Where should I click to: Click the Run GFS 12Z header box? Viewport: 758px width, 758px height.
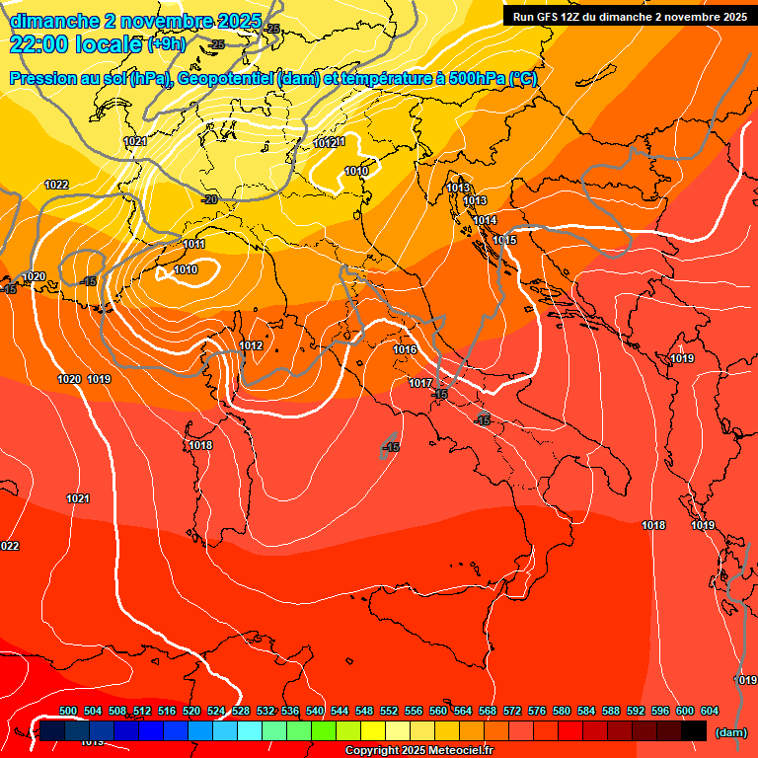click(630, 17)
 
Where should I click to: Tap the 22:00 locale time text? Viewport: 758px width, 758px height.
click(76, 43)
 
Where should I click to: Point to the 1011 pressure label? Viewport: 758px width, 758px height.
click(193, 244)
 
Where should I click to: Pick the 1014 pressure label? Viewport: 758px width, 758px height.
click(484, 220)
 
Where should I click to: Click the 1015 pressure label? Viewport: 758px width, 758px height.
click(504, 240)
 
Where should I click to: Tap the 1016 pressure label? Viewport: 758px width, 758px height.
click(405, 349)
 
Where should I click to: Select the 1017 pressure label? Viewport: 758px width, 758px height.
click(420, 383)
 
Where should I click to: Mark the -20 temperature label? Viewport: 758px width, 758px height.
click(209, 199)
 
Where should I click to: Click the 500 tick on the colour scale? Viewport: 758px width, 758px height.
click(68, 711)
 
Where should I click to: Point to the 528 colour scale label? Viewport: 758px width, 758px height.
click(241, 711)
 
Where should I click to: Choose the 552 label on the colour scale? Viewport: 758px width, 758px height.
click(389, 711)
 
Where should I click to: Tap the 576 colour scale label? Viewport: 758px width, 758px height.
click(537, 711)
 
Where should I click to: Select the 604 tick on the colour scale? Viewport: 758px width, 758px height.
click(710, 711)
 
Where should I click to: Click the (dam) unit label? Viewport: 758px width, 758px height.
click(729, 732)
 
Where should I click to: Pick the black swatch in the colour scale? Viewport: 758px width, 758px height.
click(694, 730)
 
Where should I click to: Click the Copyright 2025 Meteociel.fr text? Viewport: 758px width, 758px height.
click(418, 751)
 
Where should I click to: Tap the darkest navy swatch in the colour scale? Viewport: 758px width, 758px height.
click(52, 730)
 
